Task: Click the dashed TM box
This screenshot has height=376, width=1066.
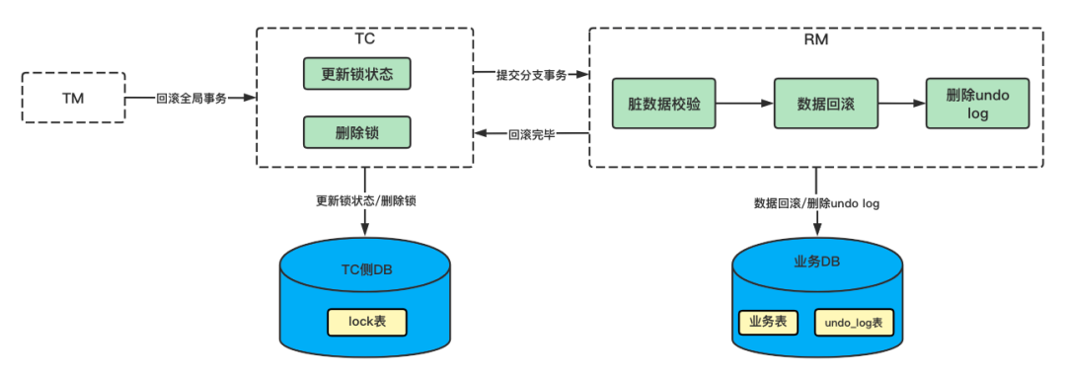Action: pos(74,97)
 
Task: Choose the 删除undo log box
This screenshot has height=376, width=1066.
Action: pos(972,102)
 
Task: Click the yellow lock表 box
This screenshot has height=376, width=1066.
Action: pos(366,321)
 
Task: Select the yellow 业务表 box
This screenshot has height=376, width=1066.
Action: pos(767,321)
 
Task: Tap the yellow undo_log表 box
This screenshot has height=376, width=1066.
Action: pos(854,322)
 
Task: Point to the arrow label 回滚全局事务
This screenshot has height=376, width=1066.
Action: pos(191,98)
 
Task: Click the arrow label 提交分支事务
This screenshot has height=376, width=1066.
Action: pos(531,76)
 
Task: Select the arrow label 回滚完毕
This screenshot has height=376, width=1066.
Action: pos(531,134)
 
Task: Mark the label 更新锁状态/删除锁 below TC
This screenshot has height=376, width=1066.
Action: pos(365,200)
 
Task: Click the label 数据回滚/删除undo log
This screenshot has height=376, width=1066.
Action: pos(816,202)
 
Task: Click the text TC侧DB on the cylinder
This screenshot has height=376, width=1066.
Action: pos(365,272)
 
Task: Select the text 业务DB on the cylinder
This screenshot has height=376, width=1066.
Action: pos(816,263)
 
